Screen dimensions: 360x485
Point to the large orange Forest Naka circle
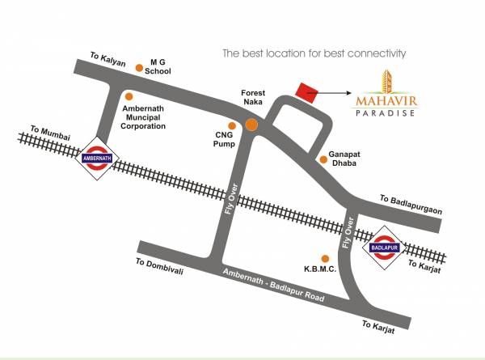tap(252, 125)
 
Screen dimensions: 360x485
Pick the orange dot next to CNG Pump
tap(233, 125)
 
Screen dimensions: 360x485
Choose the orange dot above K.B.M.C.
tap(326, 258)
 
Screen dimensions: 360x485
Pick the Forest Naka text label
tap(253, 98)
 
